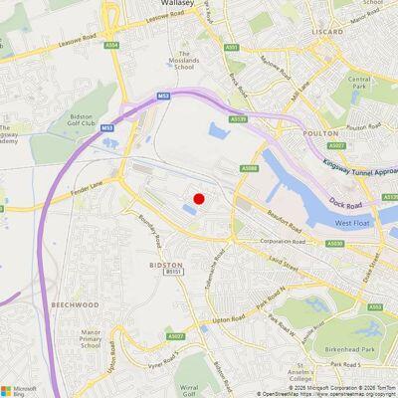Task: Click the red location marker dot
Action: click(198, 199)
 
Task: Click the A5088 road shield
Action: click(249, 169)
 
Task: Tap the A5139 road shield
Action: click(239, 118)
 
